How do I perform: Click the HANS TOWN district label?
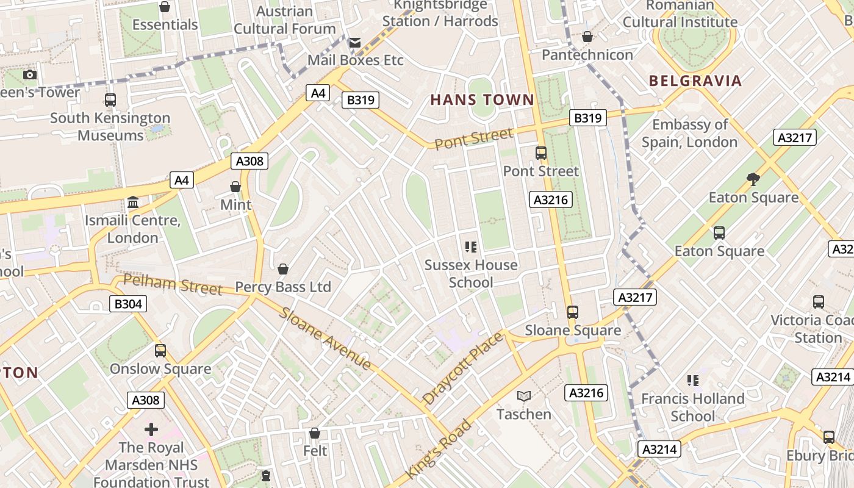click(x=482, y=99)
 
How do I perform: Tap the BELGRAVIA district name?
click(x=695, y=81)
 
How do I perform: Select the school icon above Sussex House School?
click(x=470, y=247)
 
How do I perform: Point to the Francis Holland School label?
click(x=692, y=407)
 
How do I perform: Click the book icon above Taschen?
click(x=523, y=396)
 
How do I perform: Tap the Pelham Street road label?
click(x=173, y=284)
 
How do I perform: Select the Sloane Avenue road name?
click(x=325, y=338)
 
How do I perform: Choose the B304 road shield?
click(x=128, y=303)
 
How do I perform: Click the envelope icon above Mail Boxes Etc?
click(x=354, y=43)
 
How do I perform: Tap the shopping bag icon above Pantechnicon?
click(x=587, y=37)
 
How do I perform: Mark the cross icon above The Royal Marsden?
click(x=151, y=429)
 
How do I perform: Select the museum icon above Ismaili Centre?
click(x=132, y=203)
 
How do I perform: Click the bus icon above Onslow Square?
click(x=160, y=351)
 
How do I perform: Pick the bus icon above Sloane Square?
click(x=572, y=312)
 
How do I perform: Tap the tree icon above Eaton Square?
click(x=753, y=179)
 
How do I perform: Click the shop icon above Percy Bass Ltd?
click(x=283, y=269)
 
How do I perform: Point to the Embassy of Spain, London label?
click(x=689, y=133)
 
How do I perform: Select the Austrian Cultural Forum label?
click(x=284, y=20)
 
